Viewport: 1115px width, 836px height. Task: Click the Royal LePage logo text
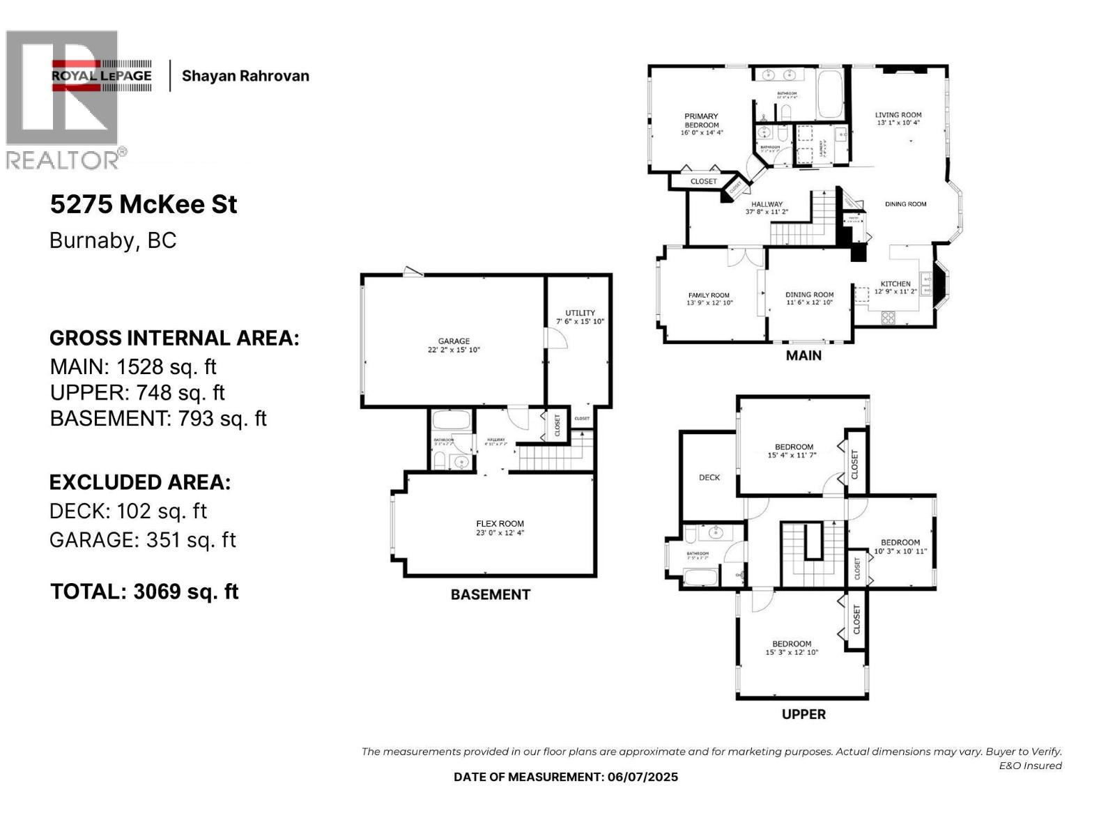102,76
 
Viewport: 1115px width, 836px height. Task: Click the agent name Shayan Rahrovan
245,76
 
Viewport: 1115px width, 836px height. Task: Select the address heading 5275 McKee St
144,205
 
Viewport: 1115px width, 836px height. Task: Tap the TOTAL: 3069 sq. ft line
144,591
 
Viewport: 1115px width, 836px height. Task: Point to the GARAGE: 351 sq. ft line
143,540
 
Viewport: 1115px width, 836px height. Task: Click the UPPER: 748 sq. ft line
137,393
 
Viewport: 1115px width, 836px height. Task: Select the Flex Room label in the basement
500,524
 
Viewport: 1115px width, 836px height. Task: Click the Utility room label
580,313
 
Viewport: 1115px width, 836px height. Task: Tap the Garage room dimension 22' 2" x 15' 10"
454,350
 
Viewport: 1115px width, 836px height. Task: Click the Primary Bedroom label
701,121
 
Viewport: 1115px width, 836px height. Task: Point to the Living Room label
898,115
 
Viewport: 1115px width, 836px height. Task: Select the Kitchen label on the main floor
895,284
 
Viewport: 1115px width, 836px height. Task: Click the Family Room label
709,295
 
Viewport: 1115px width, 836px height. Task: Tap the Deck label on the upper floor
709,477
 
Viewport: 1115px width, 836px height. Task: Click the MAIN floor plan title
803,355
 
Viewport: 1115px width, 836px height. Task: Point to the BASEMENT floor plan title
490,594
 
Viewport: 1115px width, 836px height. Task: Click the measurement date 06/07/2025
643,777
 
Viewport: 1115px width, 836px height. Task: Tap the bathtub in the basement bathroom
452,420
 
